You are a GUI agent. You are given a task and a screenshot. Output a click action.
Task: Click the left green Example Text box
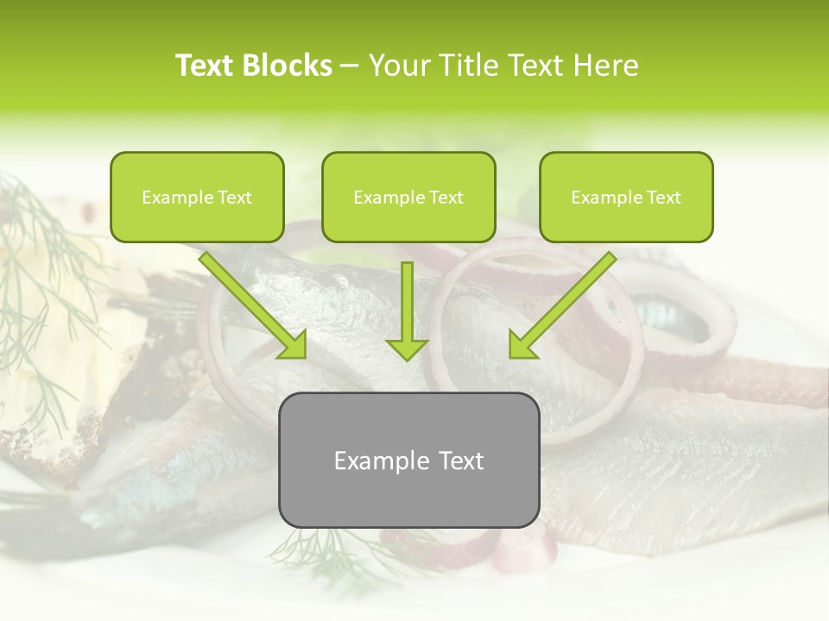coord(197,198)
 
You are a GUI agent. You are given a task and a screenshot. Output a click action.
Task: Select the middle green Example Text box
coord(408,198)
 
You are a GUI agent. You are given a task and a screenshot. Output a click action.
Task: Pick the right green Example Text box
coord(626,198)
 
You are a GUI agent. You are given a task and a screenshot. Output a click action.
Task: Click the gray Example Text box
coord(408,461)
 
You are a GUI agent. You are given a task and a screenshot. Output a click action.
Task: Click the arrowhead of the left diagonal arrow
coord(294,345)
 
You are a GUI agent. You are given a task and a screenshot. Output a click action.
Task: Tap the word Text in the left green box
coord(235,198)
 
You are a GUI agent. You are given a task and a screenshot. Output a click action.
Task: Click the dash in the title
coord(350,66)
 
